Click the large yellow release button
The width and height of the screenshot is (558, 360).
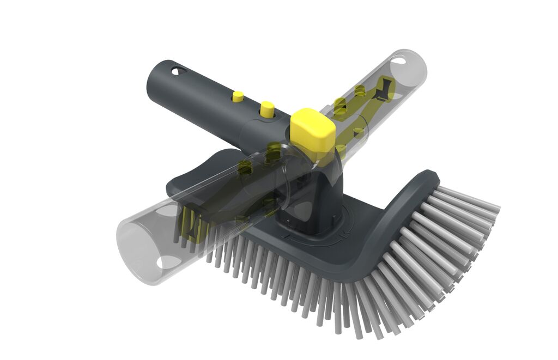312,129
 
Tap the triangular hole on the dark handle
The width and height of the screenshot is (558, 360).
177,71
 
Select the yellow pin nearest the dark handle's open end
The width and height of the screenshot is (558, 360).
238,96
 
